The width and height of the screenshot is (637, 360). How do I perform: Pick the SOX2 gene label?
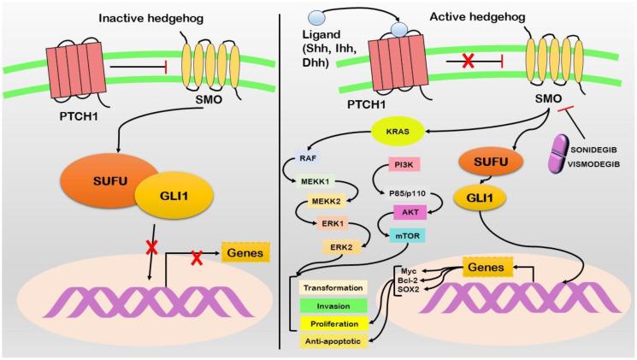point(409,288)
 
